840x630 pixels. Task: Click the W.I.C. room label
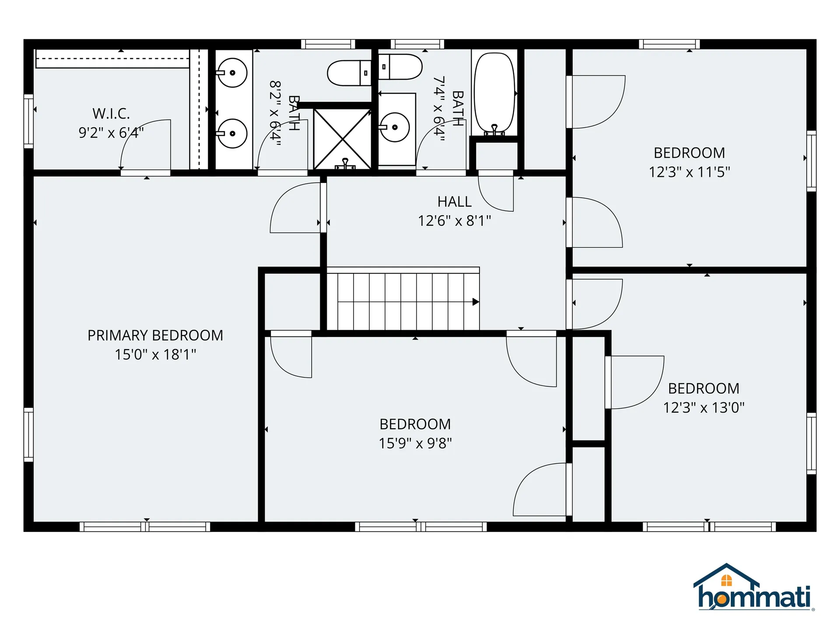tap(111, 114)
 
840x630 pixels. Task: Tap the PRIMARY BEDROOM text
tap(155, 336)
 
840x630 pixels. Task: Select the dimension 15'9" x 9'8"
tap(415, 443)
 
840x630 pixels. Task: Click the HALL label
tap(455, 202)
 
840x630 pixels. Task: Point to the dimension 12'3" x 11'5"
tap(689, 172)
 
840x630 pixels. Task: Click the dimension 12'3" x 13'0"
tap(703, 408)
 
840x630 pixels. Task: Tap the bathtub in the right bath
tap(495, 93)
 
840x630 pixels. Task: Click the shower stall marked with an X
tap(343, 139)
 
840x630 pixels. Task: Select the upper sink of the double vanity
tap(233, 73)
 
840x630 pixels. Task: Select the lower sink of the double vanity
tap(233, 133)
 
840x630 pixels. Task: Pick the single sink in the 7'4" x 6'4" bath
tap(395, 127)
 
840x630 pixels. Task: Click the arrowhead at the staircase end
tap(476, 302)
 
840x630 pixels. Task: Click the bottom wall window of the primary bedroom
tap(145, 527)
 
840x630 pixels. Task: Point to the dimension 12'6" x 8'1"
tap(455, 221)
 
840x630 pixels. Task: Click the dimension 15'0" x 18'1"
tap(155, 354)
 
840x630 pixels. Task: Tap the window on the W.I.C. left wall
tap(28, 121)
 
